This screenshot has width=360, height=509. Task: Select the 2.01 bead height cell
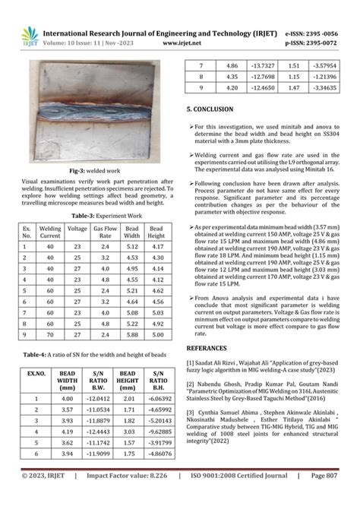(129, 397)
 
